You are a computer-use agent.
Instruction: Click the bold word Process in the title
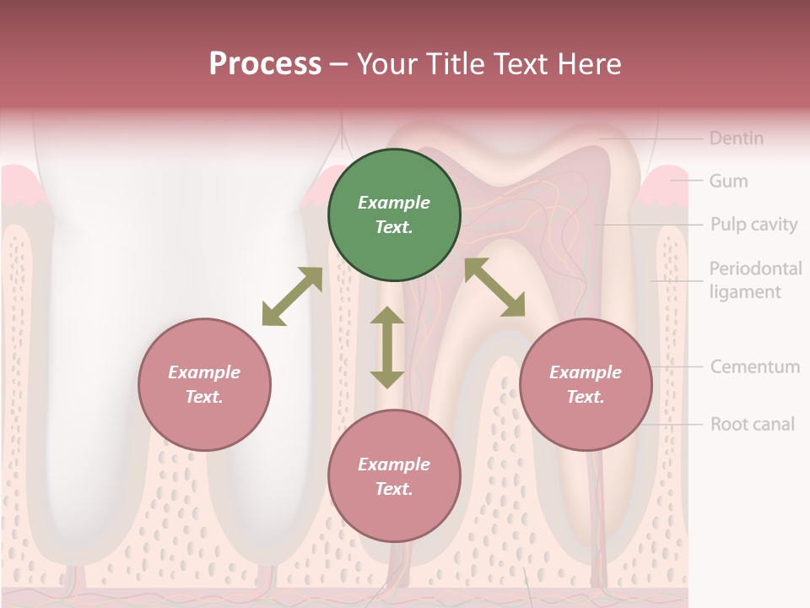(265, 64)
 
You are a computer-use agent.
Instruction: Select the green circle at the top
(394, 215)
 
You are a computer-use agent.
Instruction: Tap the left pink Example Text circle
(204, 385)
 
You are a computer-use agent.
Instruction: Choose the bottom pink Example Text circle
(394, 477)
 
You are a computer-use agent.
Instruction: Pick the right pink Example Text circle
(586, 385)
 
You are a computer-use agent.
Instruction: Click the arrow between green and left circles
(292, 296)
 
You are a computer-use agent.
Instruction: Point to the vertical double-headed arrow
(387, 347)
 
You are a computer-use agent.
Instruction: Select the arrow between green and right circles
(494, 287)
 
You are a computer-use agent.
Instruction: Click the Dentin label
(736, 138)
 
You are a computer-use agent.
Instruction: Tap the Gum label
(728, 181)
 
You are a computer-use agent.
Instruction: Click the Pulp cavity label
(753, 225)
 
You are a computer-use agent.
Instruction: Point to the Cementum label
(754, 367)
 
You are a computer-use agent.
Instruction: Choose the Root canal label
(752, 424)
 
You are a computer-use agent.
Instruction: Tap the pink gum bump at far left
(19, 186)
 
